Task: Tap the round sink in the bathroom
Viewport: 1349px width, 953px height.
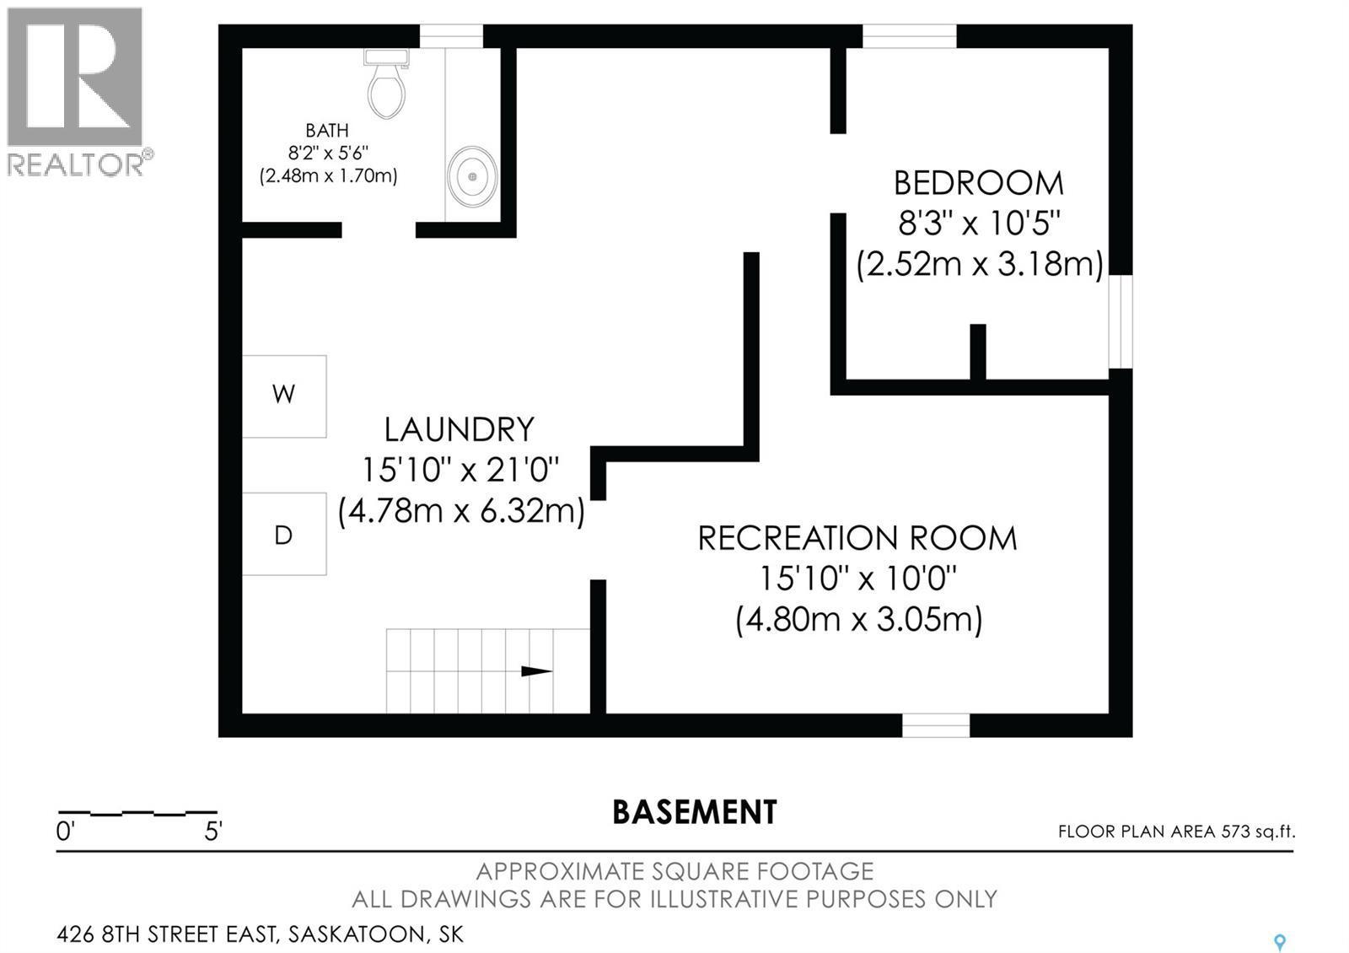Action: click(x=472, y=176)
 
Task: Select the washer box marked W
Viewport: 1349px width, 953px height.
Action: click(x=284, y=396)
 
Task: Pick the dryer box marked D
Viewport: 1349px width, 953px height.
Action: click(x=284, y=535)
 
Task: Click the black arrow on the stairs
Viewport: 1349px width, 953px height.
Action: click(x=535, y=672)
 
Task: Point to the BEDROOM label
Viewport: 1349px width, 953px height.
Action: click(x=978, y=183)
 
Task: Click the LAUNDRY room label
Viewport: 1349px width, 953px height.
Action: click(x=459, y=430)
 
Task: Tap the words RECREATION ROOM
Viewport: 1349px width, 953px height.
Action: click(x=857, y=538)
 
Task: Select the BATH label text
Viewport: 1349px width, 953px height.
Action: click(x=326, y=131)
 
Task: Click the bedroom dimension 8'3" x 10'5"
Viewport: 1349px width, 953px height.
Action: click(x=978, y=224)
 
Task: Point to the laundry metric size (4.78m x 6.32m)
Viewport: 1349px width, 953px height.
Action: click(x=461, y=512)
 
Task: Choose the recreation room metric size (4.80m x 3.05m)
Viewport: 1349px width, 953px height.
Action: click(x=858, y=620)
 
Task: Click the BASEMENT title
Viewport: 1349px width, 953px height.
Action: click(x=694, y=812)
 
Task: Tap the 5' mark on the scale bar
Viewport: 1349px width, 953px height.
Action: click(x=213, y=832)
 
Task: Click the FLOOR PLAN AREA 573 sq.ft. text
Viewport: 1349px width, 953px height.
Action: click(x=1176, y=832)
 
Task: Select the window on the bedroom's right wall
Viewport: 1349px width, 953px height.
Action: click(x=1121, y=321)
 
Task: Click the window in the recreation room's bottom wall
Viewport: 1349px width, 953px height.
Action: click(x=936, y=725)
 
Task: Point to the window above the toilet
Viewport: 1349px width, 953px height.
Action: click(x=451, y=36)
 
